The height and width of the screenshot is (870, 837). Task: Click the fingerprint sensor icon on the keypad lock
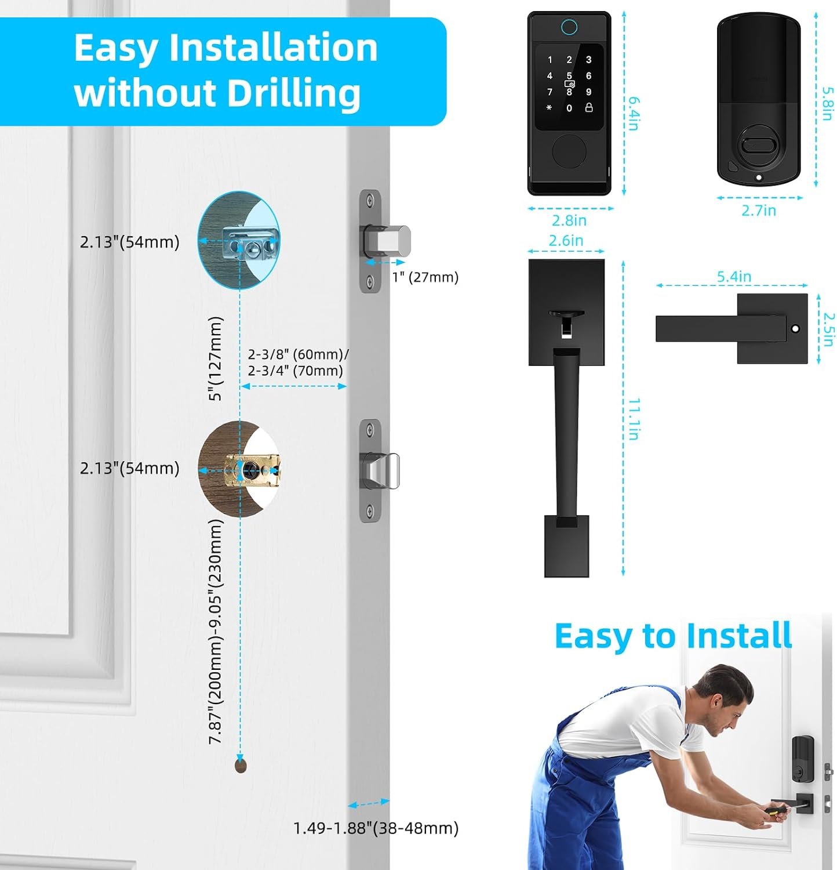click(569, 27)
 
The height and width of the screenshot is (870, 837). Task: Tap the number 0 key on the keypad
click(569, 108)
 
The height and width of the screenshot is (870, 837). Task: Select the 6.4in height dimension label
click(634, 113)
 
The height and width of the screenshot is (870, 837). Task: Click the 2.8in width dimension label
click(569, 220)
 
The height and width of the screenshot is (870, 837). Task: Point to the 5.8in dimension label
click(828, 103)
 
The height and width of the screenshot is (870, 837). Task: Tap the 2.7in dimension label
click(759, 211)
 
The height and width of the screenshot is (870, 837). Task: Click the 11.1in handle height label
click(634, 419)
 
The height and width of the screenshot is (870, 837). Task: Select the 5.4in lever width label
click(734, 277)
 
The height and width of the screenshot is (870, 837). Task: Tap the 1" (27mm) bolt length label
click(425, 277)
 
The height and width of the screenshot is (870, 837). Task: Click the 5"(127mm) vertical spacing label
click(215, 359)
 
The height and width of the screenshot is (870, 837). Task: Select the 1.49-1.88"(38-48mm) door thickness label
click(376, 828)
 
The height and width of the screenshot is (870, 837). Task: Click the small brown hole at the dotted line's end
click(241, 766)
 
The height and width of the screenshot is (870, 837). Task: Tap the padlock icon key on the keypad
click(589, 108)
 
